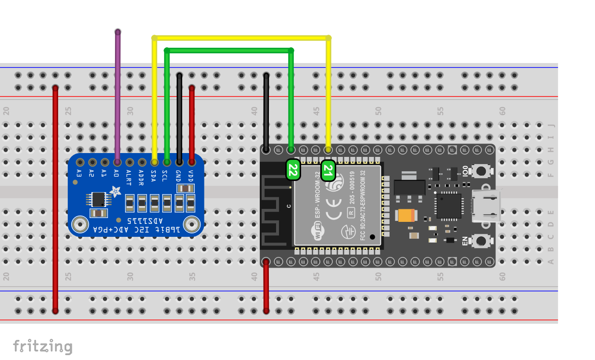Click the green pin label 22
pos(293,170)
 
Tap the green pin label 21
pos(328,170)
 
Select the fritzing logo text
pos(42,346)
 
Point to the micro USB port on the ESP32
pos(486,206)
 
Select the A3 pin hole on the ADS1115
pos(80,162)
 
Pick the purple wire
pos(117,96)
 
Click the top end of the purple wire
pos(117,32)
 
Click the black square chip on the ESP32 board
pos(448,206)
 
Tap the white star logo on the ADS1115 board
pos(115,192)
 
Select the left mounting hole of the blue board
pos(79,224)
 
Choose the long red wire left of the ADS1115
pos(55,197)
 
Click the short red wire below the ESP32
pos(266,286)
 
